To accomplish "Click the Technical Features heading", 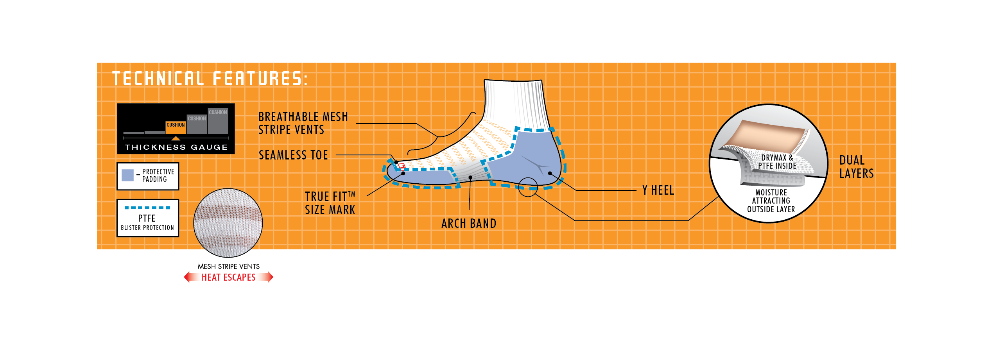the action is click(210, 78).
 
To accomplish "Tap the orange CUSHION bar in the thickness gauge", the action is click(176, 128).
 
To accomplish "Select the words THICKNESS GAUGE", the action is click(176, 147).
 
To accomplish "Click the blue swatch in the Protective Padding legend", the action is click(127, 176).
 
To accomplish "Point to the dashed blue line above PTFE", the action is click(147, 208).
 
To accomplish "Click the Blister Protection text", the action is click(147, 227).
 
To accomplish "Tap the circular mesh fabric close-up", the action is click(228, 223).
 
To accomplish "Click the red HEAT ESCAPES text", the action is click(229, 278).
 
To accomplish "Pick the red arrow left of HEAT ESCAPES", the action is click(191, 277).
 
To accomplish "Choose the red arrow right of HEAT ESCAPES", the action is click(266, 277).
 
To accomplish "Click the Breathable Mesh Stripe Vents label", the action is click(303, 123).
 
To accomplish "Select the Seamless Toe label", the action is click(293, 155).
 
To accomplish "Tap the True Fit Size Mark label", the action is click(330, 203).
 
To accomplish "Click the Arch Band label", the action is click(469, 224).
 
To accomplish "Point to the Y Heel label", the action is click(658, 190).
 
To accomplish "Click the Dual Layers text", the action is click(856, 167).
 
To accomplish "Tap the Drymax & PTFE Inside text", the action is click(777, 162).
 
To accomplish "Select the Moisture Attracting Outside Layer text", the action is click(771, 201).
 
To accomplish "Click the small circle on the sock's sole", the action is click(528, 187).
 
